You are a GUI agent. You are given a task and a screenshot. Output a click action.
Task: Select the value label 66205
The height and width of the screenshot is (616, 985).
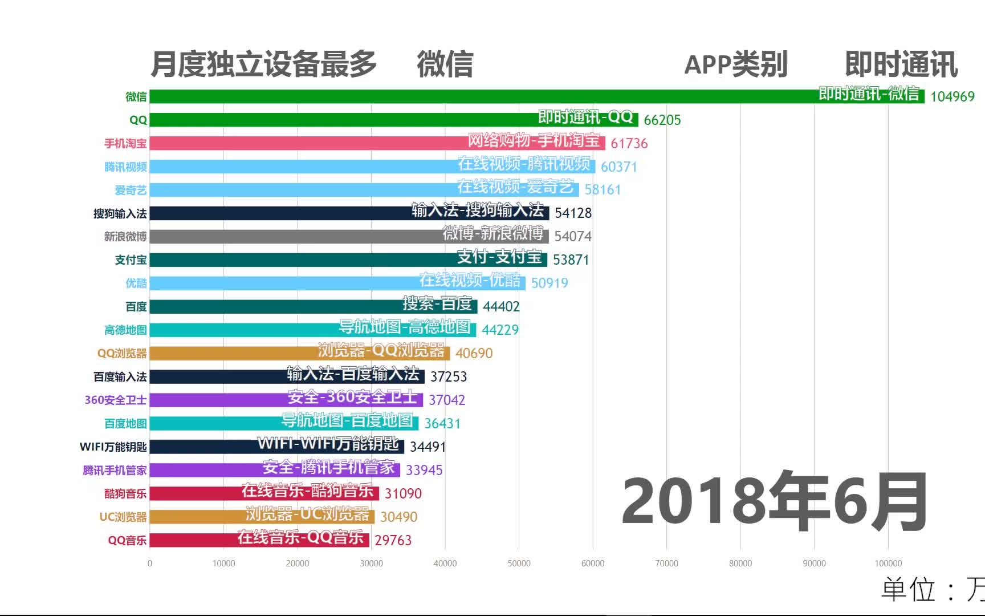tap(662, 120)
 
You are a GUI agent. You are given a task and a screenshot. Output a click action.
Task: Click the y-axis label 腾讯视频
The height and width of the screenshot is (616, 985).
tap(125, 167)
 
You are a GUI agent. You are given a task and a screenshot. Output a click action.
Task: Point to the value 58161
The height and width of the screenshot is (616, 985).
tap(603, 190)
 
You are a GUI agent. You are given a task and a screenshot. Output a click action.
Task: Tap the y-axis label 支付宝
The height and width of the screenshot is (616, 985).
tap(131, 260)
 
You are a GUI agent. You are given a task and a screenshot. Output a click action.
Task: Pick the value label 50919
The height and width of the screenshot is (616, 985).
tap(550, 283)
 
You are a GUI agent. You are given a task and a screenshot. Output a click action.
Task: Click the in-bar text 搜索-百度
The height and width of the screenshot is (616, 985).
tap(437, 303)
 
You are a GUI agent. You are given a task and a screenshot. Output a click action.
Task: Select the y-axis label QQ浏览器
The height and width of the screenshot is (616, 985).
tap(122, 353)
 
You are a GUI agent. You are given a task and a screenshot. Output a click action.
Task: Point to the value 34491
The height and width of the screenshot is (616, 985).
tap(428, 447)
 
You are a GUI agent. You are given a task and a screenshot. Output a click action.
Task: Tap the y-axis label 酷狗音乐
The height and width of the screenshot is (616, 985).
tap(125, 493)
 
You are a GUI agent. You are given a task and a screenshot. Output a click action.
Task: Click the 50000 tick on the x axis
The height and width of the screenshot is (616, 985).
tap(519, 564)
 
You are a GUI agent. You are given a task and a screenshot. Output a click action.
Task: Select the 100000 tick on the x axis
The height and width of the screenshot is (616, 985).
tap(888, 564)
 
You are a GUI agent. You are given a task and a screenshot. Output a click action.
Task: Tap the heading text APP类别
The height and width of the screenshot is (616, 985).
tap(735, 64)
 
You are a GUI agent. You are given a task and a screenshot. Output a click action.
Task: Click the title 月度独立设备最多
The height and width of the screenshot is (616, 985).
tap(263, 64)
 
